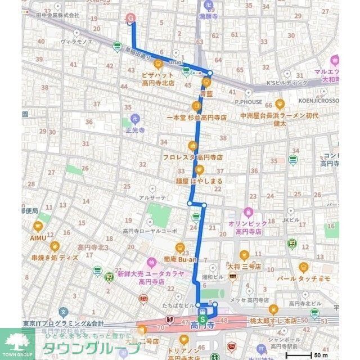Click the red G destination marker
coord(131,18)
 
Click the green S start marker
coord(202,318)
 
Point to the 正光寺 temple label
coord(135,128)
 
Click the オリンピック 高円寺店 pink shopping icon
coord(248,213)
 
